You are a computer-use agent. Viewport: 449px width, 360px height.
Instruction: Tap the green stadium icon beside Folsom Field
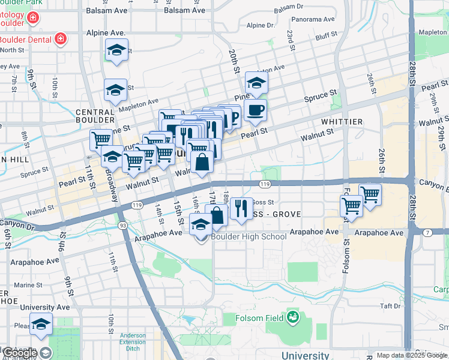pos(293,316)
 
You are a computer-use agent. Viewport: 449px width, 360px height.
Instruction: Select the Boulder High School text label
pos(249,236)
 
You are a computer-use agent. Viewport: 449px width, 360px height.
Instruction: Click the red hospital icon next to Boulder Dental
pos(61,40)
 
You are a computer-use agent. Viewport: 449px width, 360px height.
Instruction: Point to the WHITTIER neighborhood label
pos(342,122)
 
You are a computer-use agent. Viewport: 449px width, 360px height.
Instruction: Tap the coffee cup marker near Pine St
pos(255,109)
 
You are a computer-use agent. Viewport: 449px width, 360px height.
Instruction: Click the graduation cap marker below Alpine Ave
pos(116,51)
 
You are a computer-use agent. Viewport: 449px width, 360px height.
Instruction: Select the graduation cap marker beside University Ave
pos(41,324)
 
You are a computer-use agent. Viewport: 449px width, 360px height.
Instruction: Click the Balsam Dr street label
pos(289,7)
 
